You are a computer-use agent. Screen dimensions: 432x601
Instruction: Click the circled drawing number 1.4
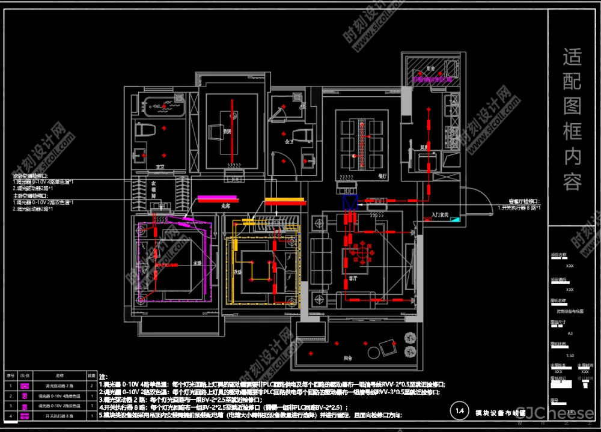[460, 411]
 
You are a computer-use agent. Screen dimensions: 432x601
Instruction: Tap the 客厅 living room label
[353, 279]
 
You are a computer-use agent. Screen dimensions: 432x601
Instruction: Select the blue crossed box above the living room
[350, 202]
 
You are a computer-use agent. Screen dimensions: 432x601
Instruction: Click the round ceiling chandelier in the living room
[362, 253]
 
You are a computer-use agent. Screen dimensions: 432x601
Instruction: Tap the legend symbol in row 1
[26, 386]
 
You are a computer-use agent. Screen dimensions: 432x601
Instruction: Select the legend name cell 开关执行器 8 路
[59, 416]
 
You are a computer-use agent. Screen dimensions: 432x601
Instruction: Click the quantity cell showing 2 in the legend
[91, 386]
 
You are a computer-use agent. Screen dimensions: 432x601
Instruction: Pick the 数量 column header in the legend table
[91, 375]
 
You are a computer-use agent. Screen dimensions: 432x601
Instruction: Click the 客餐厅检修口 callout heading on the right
[518, 202]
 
